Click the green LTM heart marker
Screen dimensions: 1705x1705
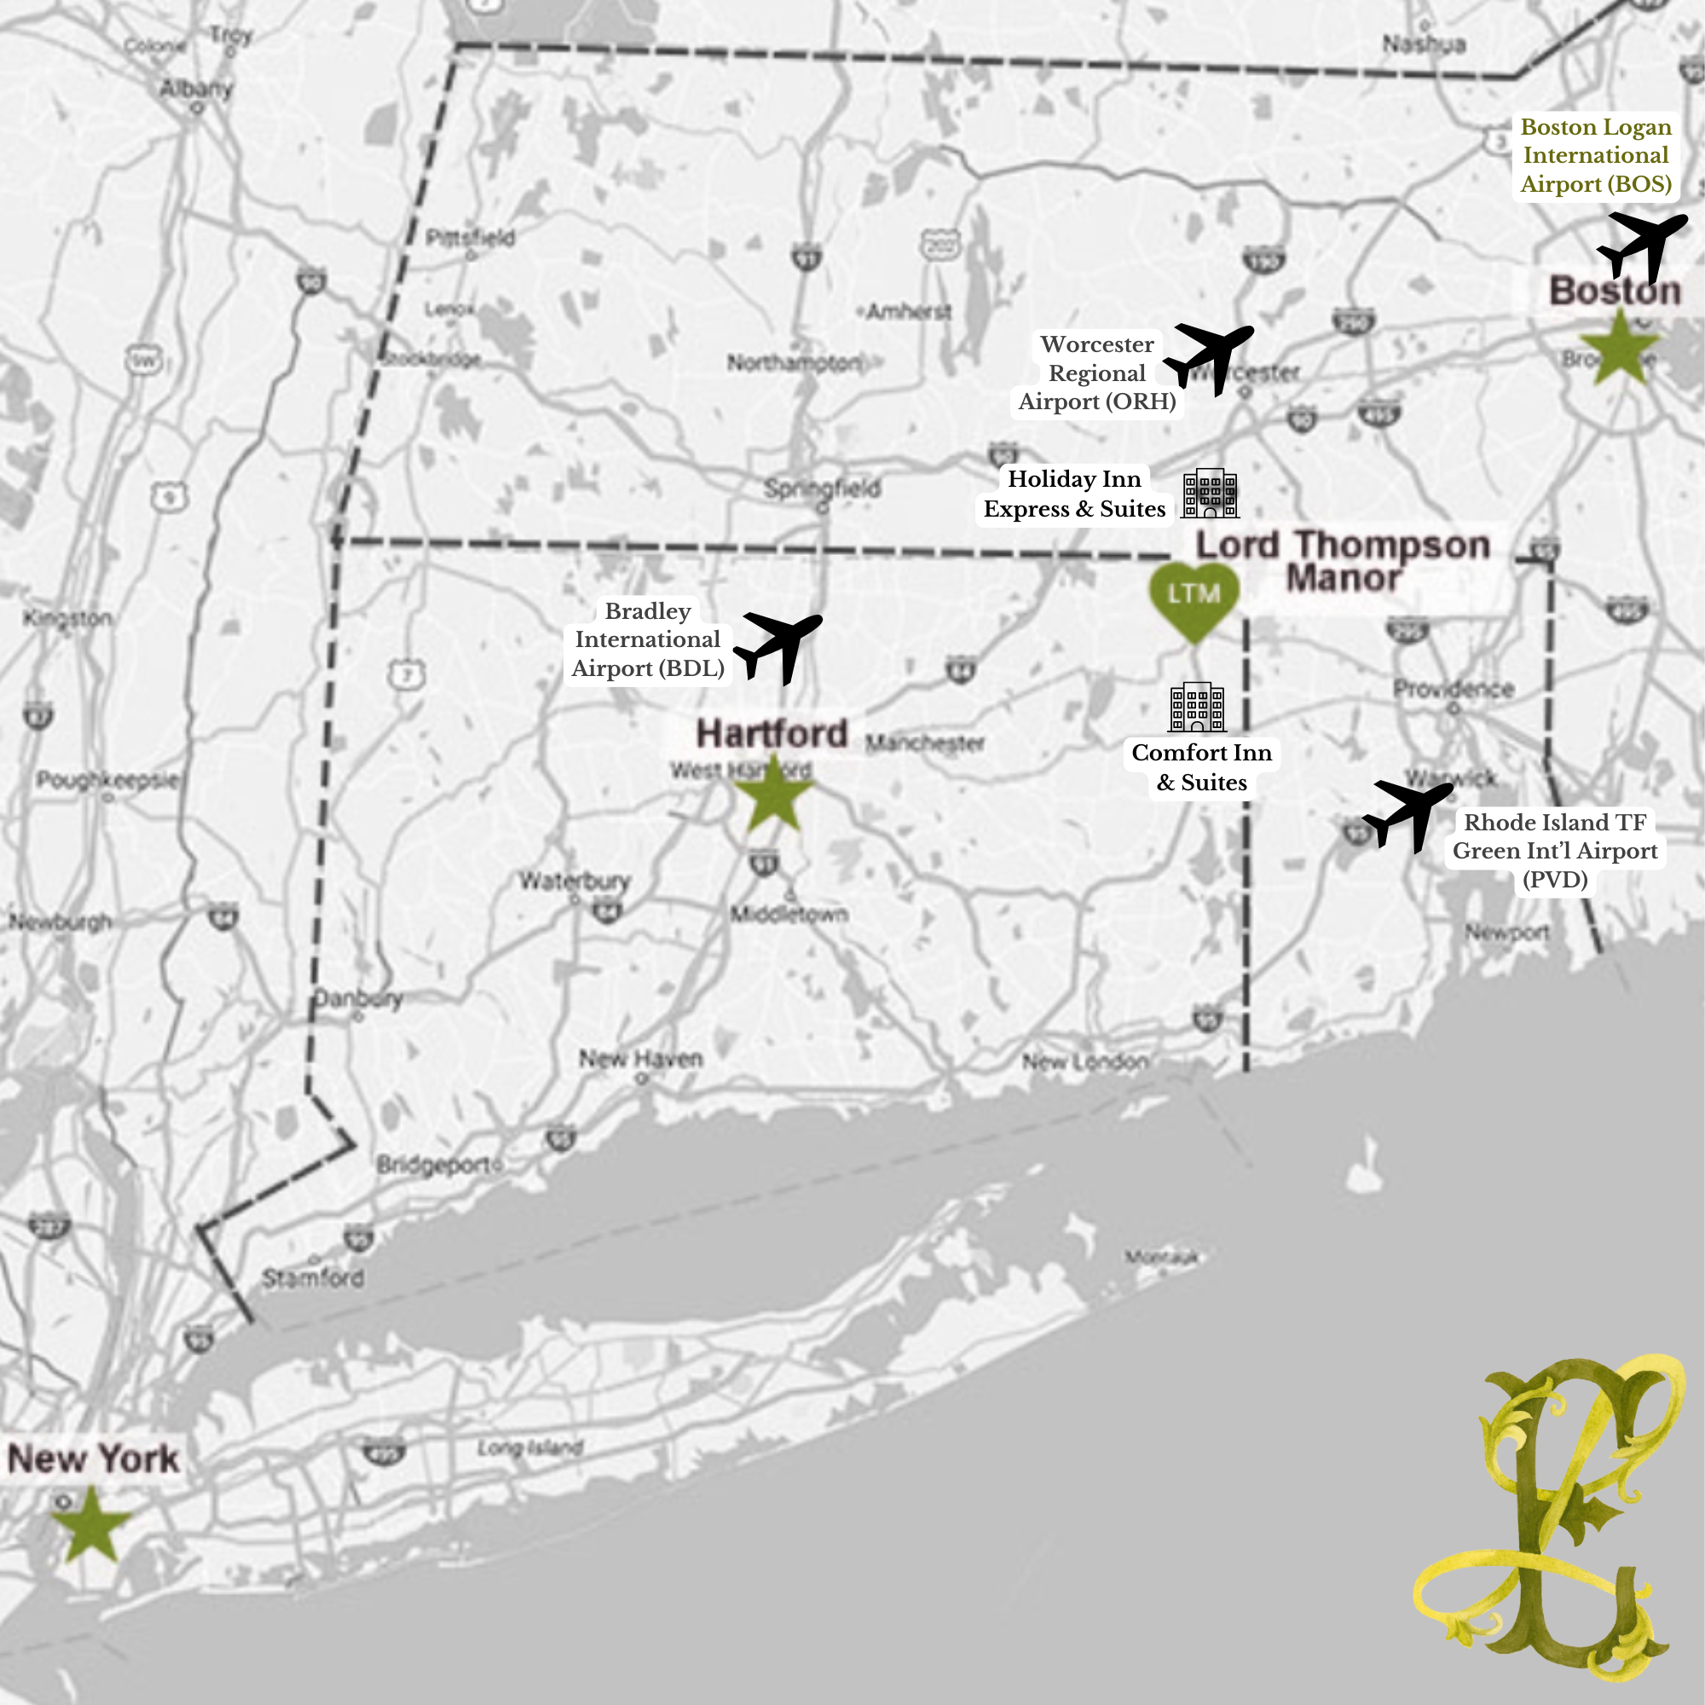coord(1194,599)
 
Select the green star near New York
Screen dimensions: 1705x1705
coord(91,1524)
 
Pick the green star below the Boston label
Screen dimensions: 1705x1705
coord(1620,349)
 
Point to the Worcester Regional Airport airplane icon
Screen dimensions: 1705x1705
coord(1208,356)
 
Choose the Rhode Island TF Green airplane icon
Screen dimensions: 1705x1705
coord(1407,813)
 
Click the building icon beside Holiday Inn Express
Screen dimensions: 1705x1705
coord(1210,493)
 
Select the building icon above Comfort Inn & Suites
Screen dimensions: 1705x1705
coord(1197,707)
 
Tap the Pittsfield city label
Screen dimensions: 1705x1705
coord(470,237)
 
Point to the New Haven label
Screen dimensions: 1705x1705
coord(641,1058)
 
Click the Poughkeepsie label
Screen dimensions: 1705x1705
coord(107,780)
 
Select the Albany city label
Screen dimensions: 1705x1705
coord(196,89)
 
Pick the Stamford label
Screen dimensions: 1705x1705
coord(312,1277)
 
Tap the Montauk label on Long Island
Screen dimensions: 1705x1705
coord(1160,1257)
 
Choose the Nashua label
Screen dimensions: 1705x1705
coord(1424,44)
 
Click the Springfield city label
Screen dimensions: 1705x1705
coord(822,488)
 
